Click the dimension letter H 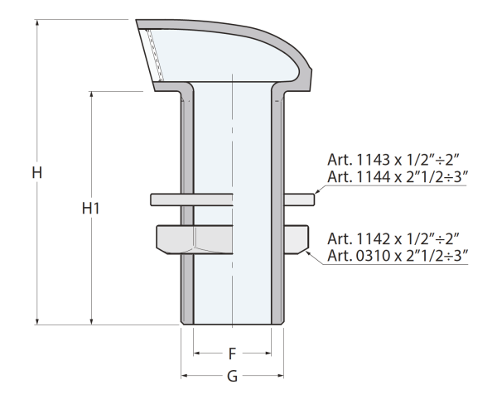(x=37, y=173)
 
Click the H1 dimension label (x=90, y=208)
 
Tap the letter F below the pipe (x=232, y=353)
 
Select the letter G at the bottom (x=232, y=377)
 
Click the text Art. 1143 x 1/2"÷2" (x=393, y=160)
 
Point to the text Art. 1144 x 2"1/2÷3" (x=398, y=176)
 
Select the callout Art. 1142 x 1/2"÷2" (x=393, y=238)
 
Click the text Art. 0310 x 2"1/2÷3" (x=398, y=255)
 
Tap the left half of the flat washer (x=191, y=200)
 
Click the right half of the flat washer (x=299, y=200)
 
